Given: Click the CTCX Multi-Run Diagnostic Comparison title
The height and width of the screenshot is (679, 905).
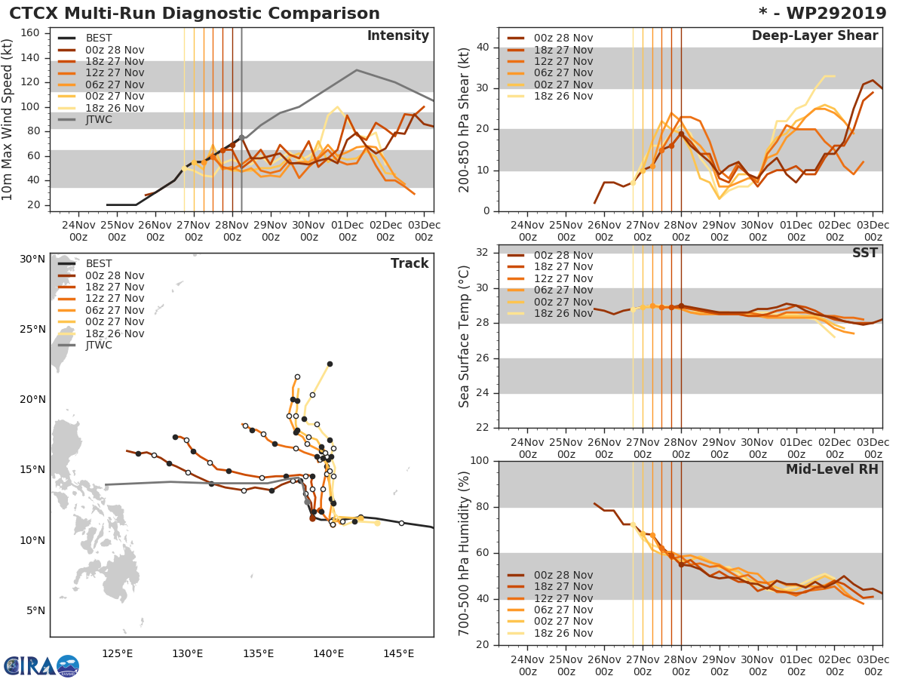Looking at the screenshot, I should [195, 14].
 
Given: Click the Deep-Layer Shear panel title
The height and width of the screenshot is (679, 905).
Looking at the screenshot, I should [814, 36].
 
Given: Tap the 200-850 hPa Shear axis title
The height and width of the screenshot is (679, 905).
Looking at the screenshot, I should [465, 121].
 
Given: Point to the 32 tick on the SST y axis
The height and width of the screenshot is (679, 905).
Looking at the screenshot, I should [483, 253].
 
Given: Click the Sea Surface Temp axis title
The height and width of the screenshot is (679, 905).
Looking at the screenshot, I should [465, 336].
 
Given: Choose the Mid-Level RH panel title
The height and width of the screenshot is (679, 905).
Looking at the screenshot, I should [832, 470].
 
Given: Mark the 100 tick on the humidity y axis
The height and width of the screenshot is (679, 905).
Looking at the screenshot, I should [479, 461].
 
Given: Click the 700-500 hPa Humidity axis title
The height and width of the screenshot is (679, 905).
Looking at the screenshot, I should [465, 552].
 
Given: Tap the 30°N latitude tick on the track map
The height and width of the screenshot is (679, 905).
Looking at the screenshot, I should [32, 260].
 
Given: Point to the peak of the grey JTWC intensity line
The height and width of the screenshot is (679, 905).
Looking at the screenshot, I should [357, 70].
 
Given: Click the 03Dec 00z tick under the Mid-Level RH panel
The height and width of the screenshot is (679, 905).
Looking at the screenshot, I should [873, 659].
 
